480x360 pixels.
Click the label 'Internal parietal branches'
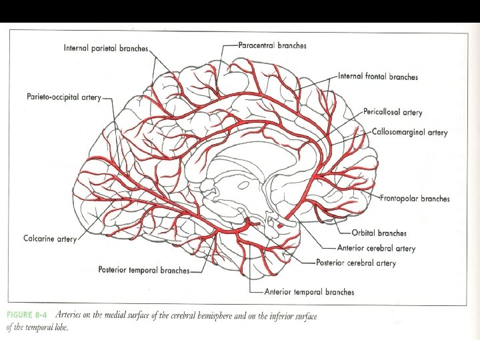tap(106, 48)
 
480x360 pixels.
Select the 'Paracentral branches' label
tap(273, 45)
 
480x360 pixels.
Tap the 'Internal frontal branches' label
tap(378, 77)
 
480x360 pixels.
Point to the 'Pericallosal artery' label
tap(393, 113)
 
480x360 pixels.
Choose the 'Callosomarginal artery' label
tap(409, 132)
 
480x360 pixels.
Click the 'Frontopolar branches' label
tap(415, 199)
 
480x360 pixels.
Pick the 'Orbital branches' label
tap(379, 233)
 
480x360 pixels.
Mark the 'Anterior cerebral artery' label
tap(376, 249)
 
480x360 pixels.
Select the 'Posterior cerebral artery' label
tap(356, 263)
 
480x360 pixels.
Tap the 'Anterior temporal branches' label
tap(309, 292)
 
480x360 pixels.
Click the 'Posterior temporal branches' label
tap(143, 271)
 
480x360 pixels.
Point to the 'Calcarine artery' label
tap(50, 239)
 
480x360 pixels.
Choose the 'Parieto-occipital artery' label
tap(64, 97)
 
